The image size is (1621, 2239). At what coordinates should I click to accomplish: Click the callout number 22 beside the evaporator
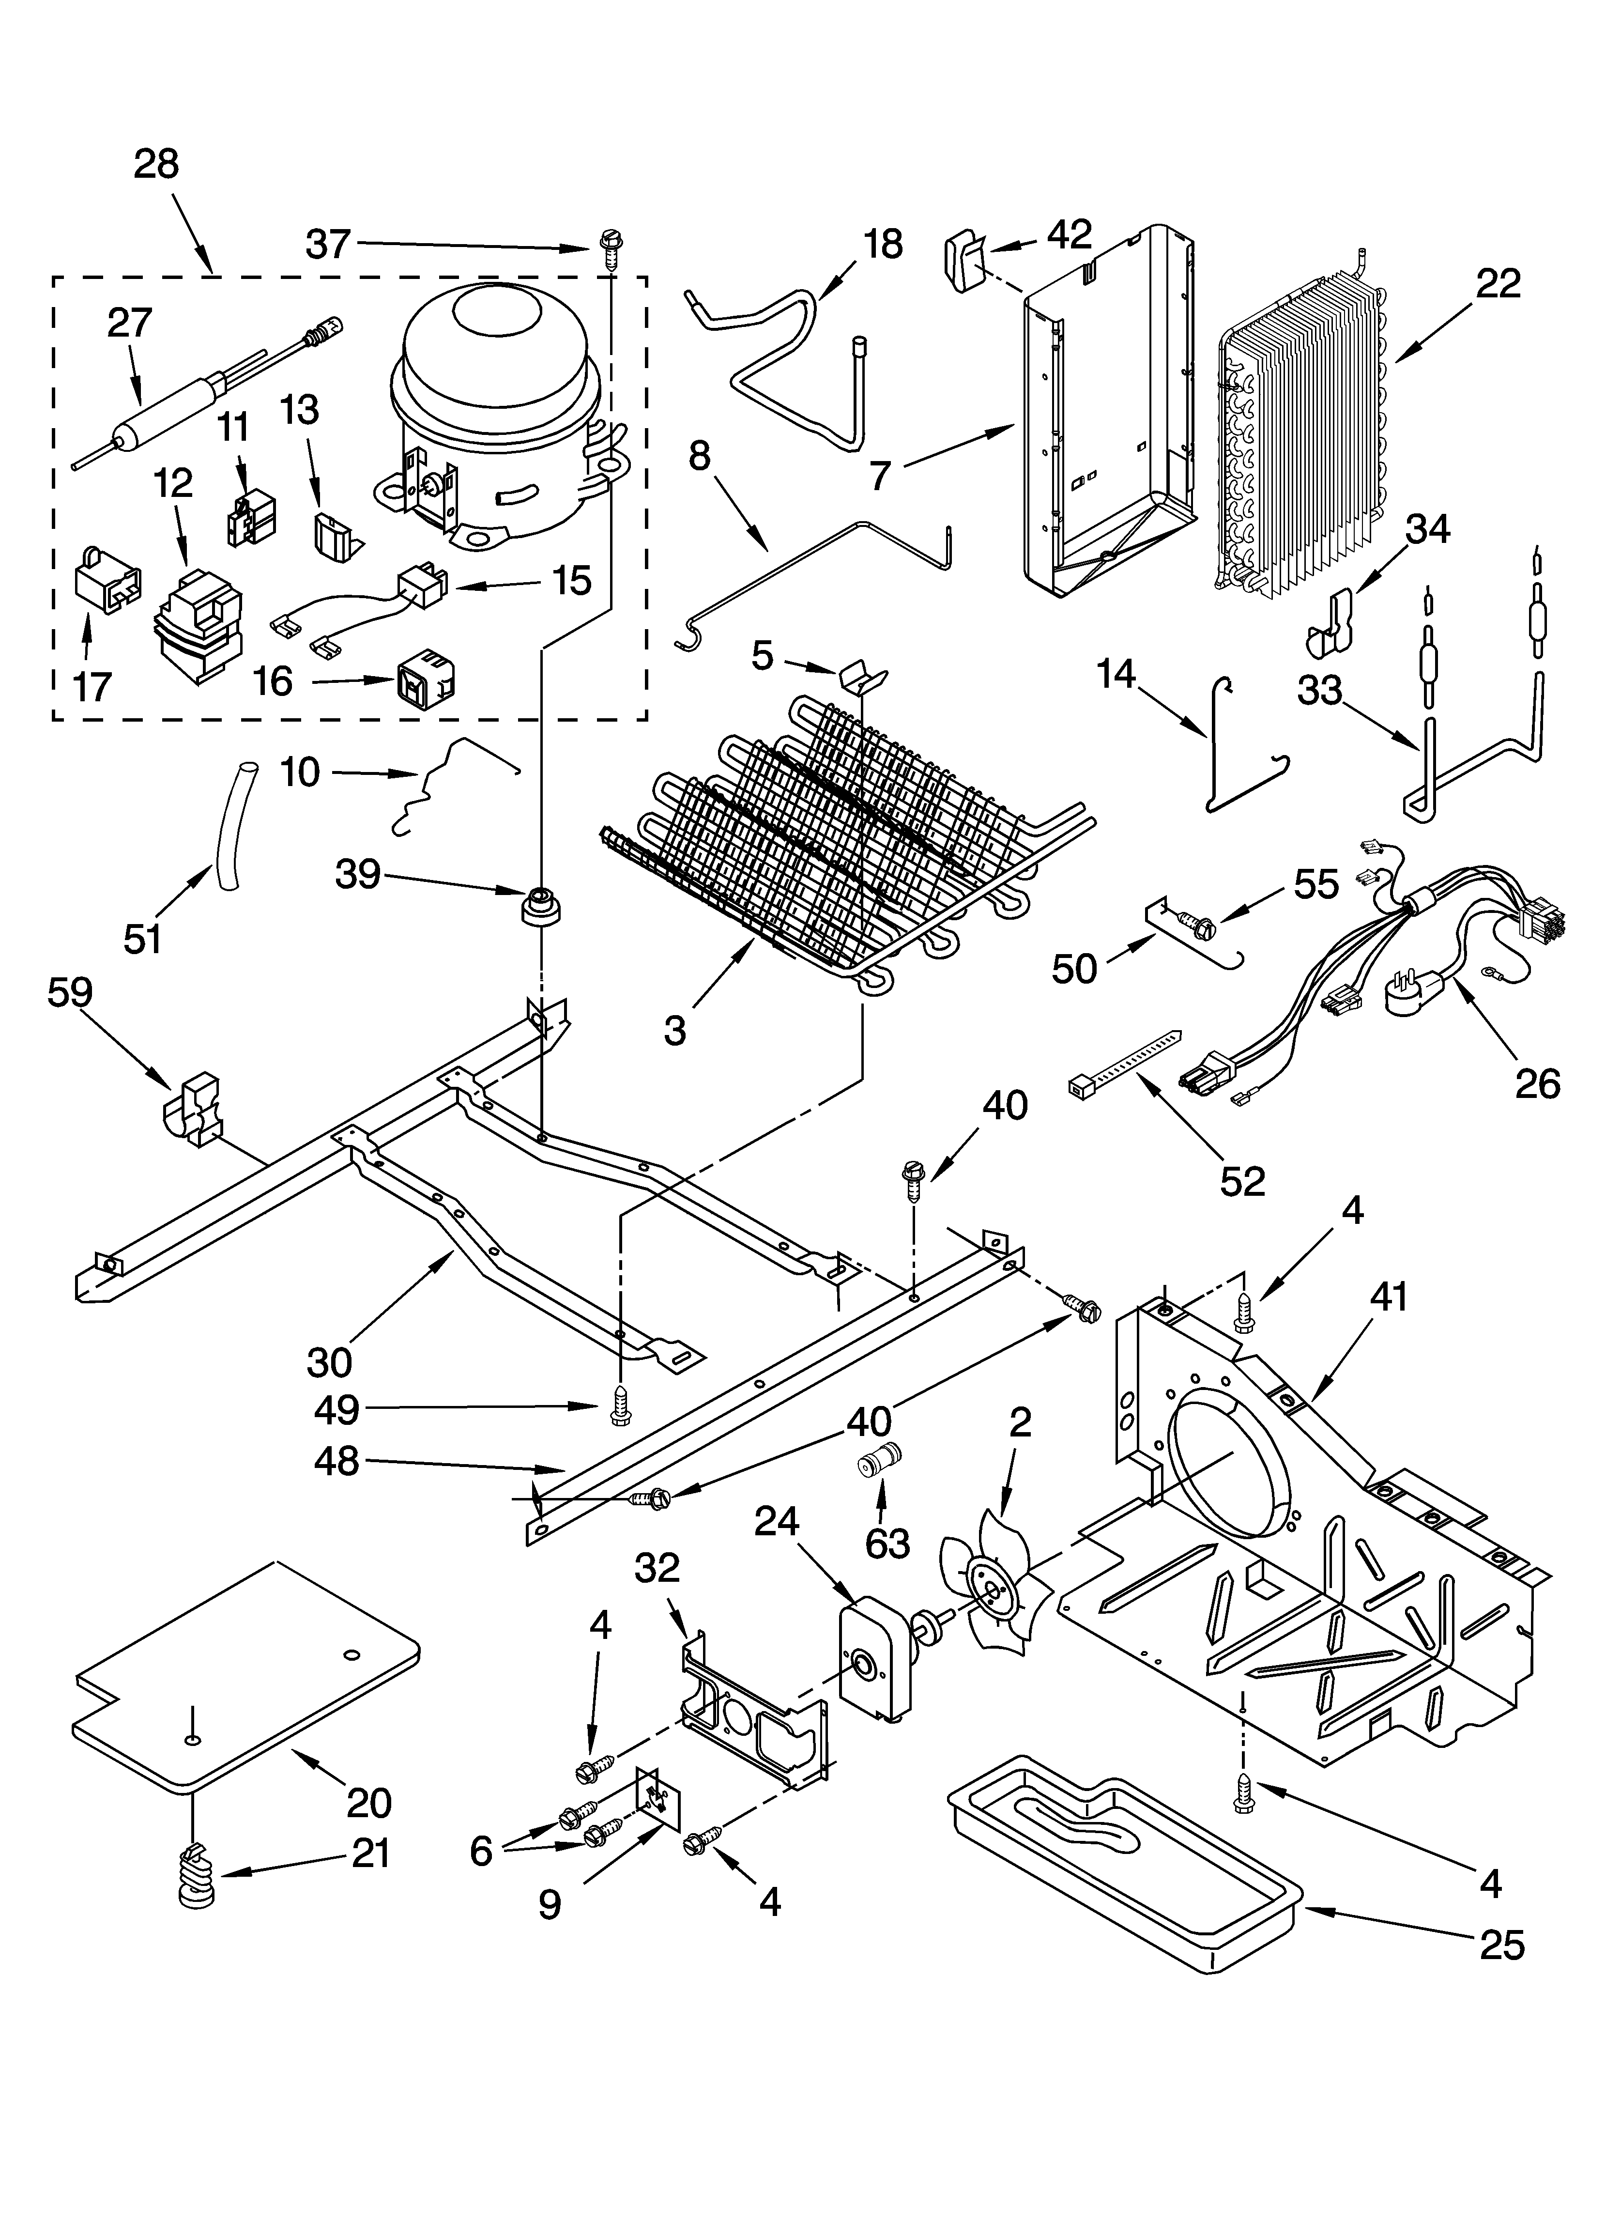pos(1498,284)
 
